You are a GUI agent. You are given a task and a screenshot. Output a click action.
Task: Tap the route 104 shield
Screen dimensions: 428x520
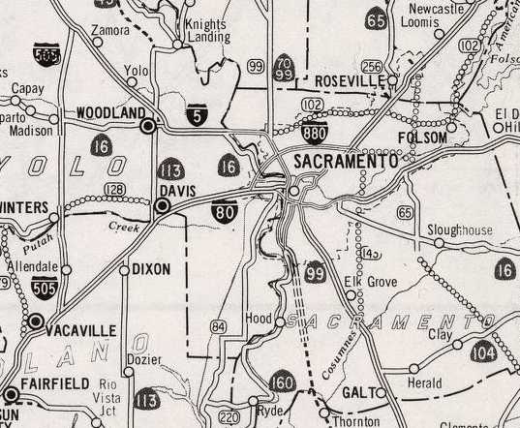click(x=485, y=353)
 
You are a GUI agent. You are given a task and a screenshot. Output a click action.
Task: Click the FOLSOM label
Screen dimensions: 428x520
click(x=422, y=138)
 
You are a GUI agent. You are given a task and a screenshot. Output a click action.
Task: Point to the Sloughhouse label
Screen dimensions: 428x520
click(x=460, y=230)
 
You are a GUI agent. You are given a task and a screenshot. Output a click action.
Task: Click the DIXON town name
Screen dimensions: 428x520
click(x=151, y=268)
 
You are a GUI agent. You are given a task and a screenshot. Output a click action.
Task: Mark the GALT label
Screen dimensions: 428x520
click(x=357, y=392)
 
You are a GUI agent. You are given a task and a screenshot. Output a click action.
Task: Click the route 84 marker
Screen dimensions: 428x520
click(x=219, y=326)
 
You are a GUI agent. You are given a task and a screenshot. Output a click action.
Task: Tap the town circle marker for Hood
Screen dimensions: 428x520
click(x=280, y=320)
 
